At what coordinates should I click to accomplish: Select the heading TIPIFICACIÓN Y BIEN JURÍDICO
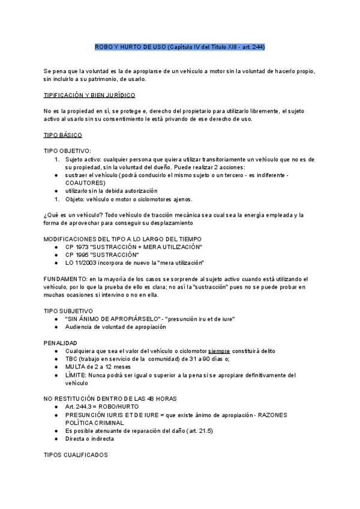click(x=89, y=95)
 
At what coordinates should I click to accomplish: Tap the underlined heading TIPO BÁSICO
click(x=63, y=135)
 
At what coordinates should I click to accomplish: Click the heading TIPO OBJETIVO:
click(x=67, y=151)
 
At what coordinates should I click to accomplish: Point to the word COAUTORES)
click(x=86, y=182)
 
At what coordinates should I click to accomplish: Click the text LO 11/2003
click(x=82, y=263)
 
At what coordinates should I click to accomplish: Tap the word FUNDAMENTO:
click(x=65, y=279)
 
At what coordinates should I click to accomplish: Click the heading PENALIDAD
click(x=60, y=342)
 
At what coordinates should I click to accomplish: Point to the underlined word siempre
click(x=220, y=351)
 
